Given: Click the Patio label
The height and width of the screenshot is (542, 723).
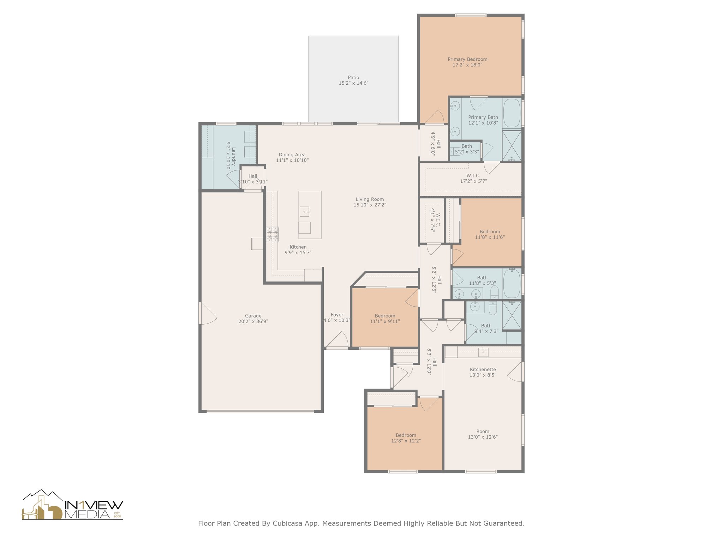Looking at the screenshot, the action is click(x=353, y=78).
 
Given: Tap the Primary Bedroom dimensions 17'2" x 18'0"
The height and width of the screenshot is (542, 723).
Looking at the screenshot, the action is click(x=467, y=65).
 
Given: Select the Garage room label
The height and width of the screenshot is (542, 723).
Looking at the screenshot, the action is click(x=253, y=316).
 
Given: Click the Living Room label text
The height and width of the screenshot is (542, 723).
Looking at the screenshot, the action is click(x=370, y=199).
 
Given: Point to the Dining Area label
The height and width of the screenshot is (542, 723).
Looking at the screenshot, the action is click(x=292, y=155).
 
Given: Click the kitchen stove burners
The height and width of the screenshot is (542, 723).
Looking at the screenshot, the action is click(x=273, y=234).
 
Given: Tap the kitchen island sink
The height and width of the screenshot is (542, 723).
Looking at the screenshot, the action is click(x=305, y=212).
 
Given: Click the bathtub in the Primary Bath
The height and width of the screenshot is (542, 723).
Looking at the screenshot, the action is click(x=512, y=113).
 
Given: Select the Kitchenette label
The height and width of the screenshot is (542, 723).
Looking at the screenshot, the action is click(x=483, y=369).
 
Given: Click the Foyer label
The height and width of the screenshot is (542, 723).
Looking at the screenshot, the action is click(x=337, y=315).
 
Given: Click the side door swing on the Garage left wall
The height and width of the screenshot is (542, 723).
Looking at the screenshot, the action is click(x=208, y=313).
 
